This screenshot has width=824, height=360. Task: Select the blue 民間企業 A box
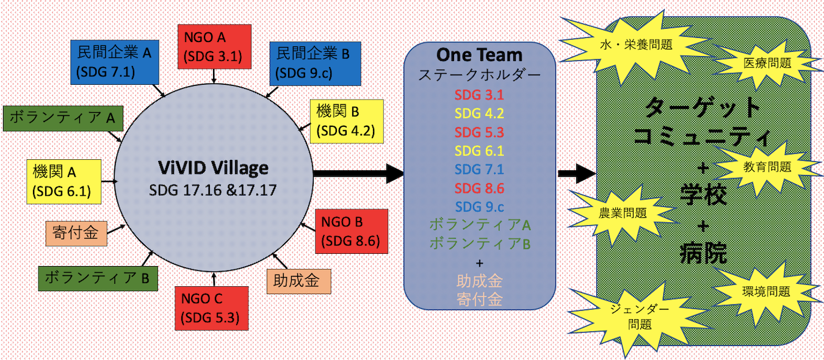tap(115, 63)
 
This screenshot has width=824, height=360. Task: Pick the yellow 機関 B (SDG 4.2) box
tap(346, 121)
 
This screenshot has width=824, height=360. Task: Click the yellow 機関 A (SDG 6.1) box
tap(62, 181)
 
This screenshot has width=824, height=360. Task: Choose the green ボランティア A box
tap(63, 118)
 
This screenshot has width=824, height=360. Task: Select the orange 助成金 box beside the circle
tap(298, 281)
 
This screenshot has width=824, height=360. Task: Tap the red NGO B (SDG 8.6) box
tap(352, 231)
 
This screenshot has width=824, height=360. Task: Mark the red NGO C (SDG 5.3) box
tap(211, 308)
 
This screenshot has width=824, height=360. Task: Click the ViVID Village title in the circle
tap(214, 168)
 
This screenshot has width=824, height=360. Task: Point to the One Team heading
tap(479, 55)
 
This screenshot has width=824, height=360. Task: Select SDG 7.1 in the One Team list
tap(479, 169)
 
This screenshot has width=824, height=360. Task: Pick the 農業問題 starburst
tap(623, 213)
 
